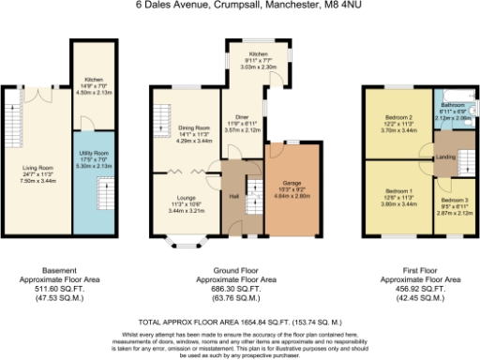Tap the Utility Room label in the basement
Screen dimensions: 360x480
[x=97, y=160]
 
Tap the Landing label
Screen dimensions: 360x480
[x=446, y=157]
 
